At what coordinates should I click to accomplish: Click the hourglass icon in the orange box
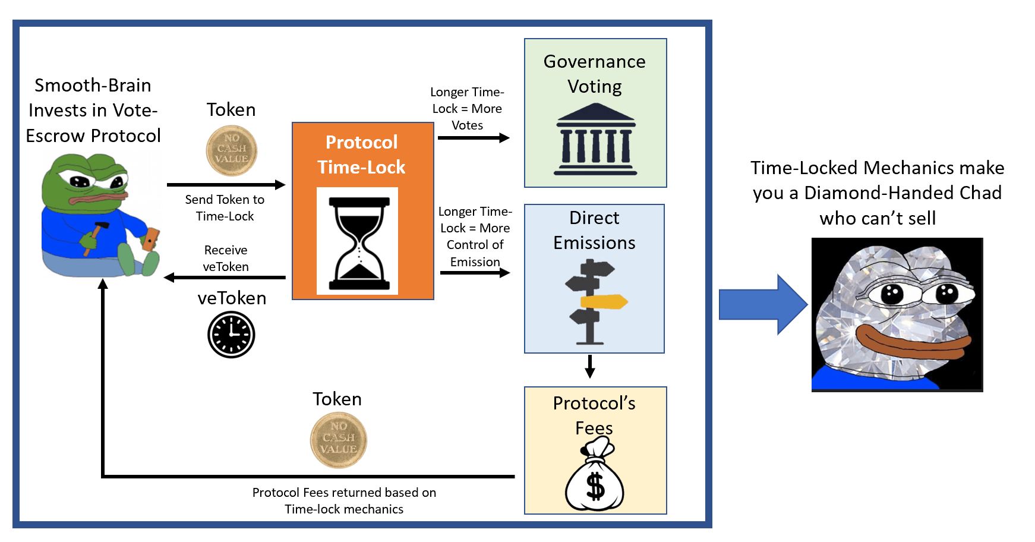tap(359, 242)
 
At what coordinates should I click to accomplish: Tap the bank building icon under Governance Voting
tap(595, 140)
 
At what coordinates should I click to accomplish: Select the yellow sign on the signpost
tap(604, 302)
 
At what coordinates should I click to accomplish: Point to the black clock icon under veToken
tap(231, 335)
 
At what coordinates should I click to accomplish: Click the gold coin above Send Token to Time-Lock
tap(231, 151)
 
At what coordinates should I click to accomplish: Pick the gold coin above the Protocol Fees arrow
tap(339, 440)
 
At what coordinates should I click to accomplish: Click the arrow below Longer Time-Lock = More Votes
tap(474, 138)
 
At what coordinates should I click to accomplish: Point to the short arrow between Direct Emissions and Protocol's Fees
tap(589, 367)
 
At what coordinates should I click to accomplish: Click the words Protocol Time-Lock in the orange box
tap(361, 155)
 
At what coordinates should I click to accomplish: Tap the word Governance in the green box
tap(594, 62)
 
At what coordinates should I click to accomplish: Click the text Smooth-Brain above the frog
tap(93, 86)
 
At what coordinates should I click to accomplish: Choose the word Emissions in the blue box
tap(594, 243)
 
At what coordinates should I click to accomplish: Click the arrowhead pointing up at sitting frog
tap(103, 285)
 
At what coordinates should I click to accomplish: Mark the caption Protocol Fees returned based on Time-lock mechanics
tap(344, 501)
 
